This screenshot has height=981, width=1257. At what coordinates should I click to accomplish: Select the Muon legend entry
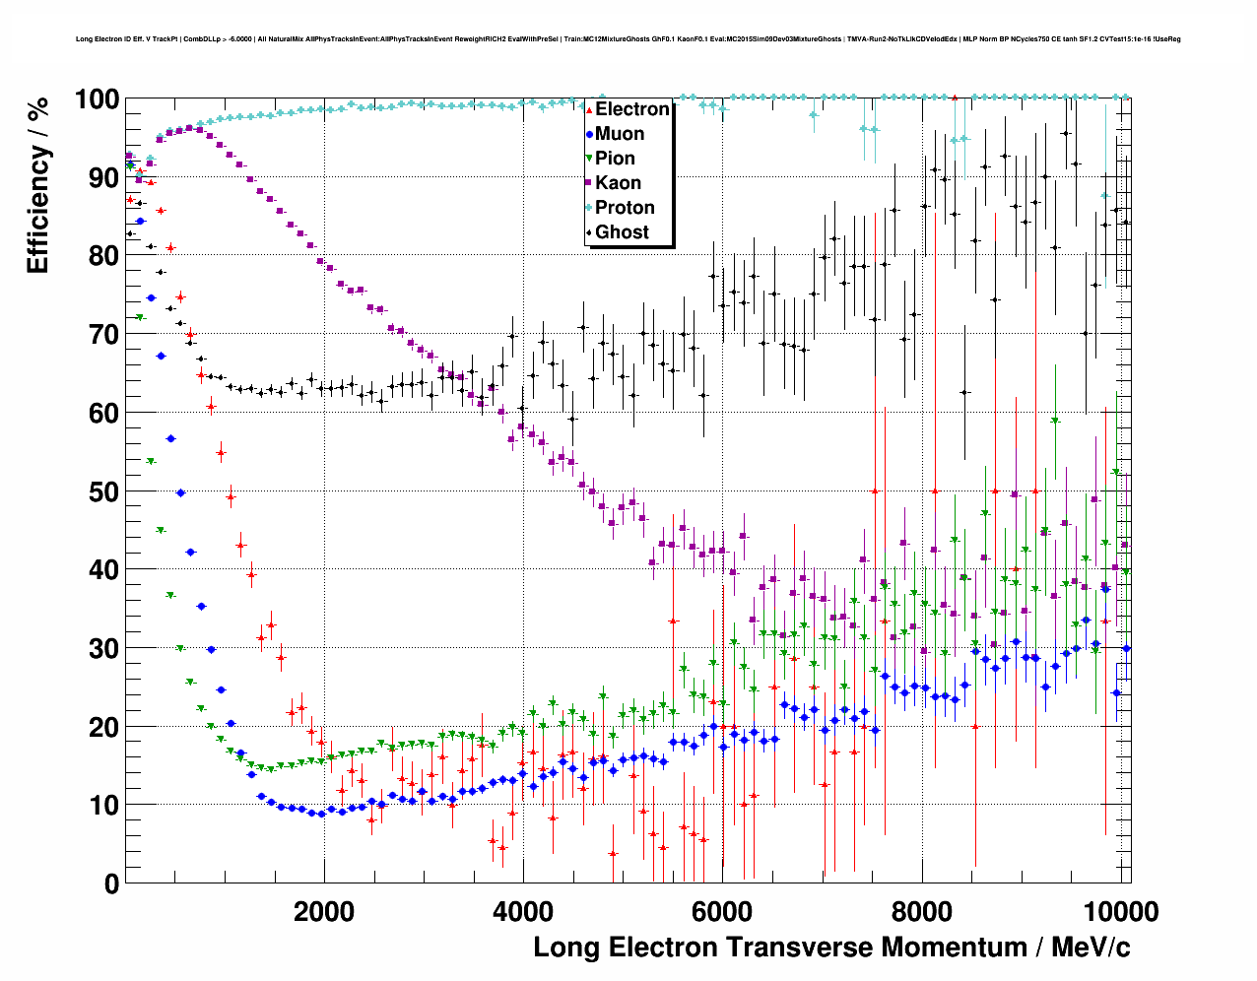620,134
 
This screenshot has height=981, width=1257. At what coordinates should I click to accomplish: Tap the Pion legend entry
615,159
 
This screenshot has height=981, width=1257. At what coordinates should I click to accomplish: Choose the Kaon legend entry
618,183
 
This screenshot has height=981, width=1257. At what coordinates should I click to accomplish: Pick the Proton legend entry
625,208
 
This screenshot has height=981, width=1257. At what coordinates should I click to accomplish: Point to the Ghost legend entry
622,232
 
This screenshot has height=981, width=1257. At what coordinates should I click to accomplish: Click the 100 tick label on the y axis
97,99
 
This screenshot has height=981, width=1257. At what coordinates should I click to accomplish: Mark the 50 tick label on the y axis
103,491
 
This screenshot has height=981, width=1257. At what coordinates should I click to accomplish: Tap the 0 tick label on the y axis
111,883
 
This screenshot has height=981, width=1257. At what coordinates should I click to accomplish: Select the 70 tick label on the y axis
103,335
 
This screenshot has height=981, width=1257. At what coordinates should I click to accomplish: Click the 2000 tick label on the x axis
324,912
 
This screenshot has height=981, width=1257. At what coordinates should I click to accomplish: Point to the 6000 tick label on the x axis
722,912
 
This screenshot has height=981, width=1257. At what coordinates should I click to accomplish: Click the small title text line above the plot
628,39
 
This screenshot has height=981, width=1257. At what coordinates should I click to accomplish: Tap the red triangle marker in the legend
589,109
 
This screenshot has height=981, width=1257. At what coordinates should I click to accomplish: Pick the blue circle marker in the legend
589,134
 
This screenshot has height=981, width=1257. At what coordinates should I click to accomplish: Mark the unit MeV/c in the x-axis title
1090,948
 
